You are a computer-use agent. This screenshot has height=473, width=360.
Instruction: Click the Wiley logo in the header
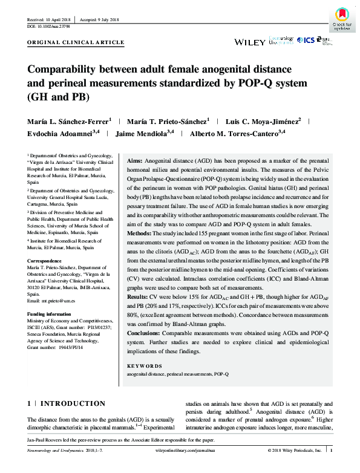[249, 42]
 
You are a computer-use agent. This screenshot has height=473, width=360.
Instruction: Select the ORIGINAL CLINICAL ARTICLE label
[76, 43]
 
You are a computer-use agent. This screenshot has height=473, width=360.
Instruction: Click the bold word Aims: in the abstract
[135, 161]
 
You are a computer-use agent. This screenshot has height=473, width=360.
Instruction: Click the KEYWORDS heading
[144, 366]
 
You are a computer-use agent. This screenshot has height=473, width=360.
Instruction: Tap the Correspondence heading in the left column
[45, 261]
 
